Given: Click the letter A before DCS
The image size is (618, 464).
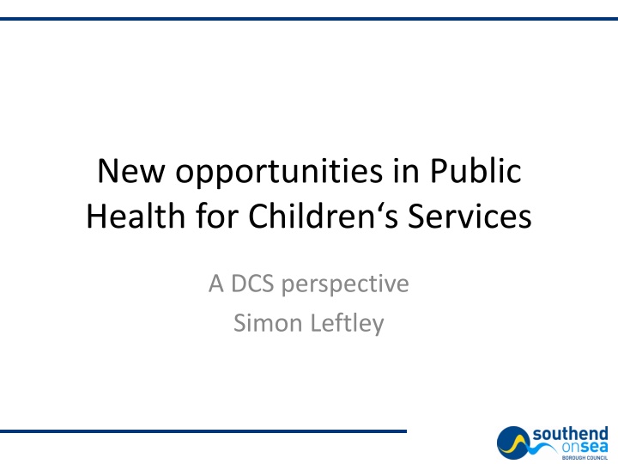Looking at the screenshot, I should click(215, 283).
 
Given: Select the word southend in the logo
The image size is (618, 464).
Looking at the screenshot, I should click(569, 434).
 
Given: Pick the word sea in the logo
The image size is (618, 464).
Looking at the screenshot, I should click(591, 448).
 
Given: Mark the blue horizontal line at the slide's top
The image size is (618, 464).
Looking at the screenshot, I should click(309, 19).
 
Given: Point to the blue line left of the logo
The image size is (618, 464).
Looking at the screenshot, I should click(203, 430).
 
